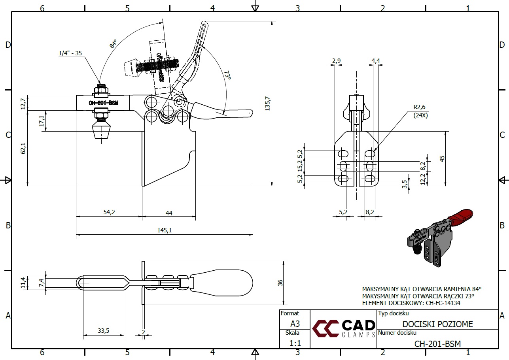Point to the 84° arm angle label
tap(114, 43)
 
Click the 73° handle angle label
tap(227, 75)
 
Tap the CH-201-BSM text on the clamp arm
tap(104, 103)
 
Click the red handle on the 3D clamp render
tap(461, 215)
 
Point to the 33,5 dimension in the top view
tap(103, 331)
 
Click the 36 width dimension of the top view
tap(280, 283)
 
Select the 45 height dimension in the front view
tap(442, 158)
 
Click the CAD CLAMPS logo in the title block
tap(344, 329)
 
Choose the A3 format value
tap(295, 323)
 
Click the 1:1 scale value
tap(295, 343)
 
